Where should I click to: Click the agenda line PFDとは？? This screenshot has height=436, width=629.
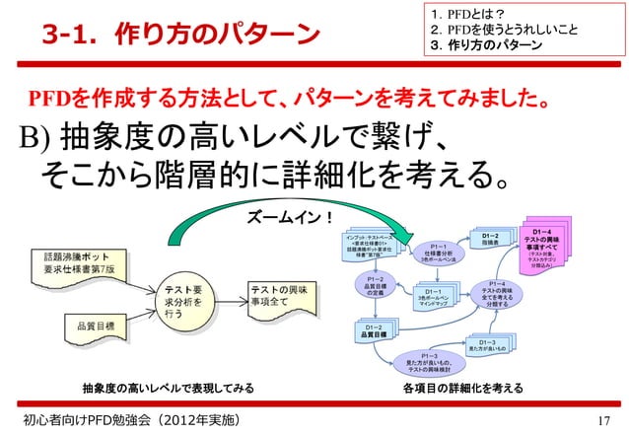pyautogui.click(x=478, y=12)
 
